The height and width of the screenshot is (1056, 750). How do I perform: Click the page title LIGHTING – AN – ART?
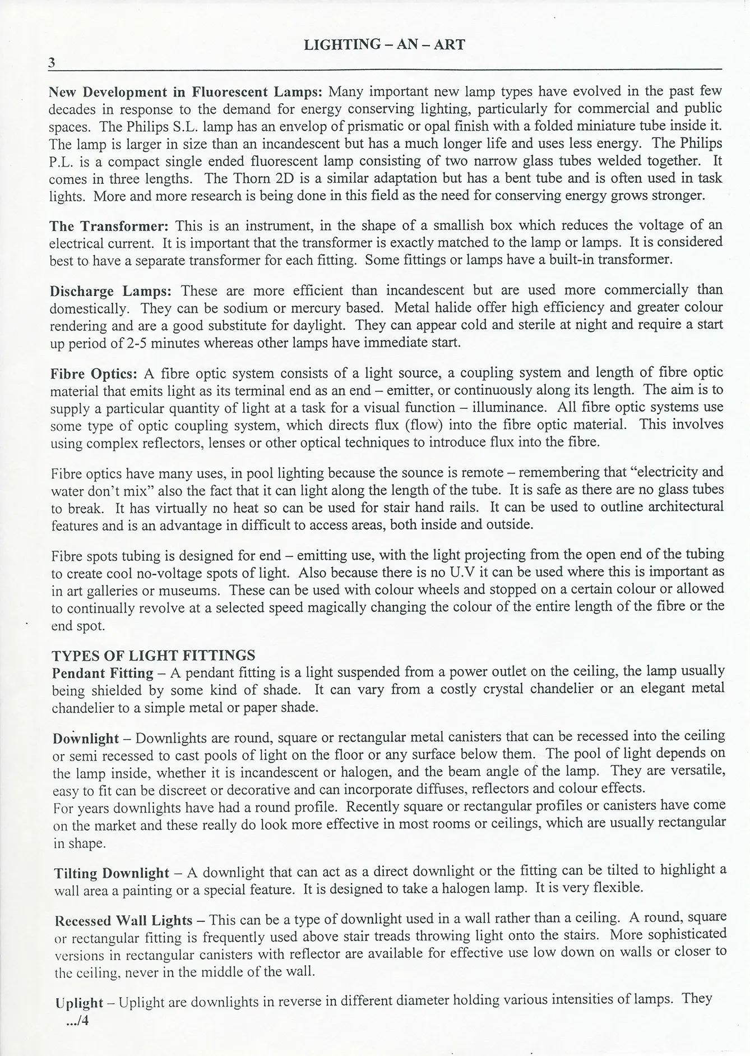[x=384, y=45]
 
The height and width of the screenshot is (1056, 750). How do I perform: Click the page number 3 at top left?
[x=52, y=63]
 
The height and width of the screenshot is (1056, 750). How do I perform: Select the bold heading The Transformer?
[x=109, y=226]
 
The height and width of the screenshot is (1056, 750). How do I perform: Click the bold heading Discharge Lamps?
[x=110, y=291]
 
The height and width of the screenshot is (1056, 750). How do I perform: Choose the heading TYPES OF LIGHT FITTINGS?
[x=154, y=655]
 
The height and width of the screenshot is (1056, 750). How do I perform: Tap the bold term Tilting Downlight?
[x=112, y=873]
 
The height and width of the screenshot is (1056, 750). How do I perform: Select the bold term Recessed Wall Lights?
[x=123, y=920]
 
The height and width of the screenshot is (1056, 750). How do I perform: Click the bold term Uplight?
[x=80, y=1003]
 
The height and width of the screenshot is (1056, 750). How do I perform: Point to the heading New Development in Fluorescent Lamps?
[x=186, y=91]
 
